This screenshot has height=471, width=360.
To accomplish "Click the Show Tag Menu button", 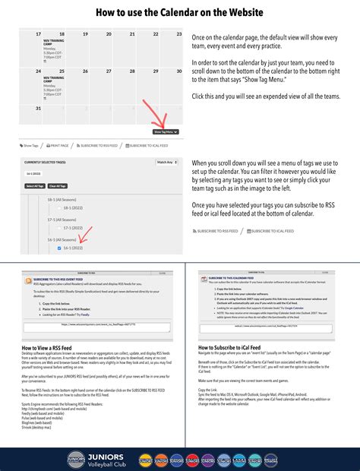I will click(166, 131).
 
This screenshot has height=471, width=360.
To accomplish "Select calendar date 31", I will click(39, 109).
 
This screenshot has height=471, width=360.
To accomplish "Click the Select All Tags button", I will click(34, 185).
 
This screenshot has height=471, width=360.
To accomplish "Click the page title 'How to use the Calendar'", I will click(179, 13).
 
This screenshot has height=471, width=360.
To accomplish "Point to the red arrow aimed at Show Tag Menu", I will click(159, 120).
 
